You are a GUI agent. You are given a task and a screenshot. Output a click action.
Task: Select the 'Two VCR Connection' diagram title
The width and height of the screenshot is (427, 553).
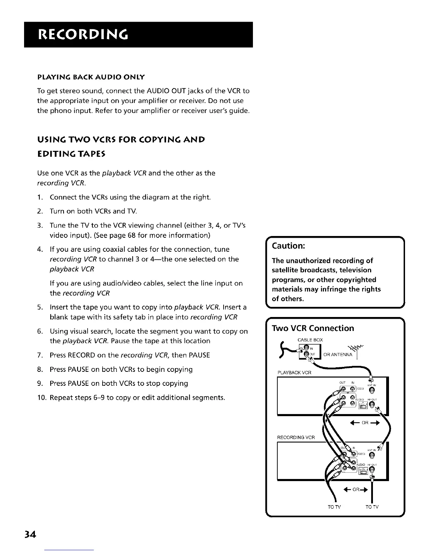pyautogui.click(x=313, y=328)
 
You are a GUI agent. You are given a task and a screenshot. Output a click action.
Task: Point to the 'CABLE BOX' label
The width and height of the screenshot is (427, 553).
pyautogui.click(x=310, y=340)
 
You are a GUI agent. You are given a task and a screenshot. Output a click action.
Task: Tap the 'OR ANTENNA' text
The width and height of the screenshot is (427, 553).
pyautogui.click(x=338, y=355)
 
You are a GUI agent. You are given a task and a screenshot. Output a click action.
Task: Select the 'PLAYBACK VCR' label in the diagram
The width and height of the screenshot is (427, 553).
pyautogui.click(x=294, y=373)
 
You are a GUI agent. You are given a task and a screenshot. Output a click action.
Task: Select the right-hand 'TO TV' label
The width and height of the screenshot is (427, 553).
pyautogui.click(x=372, y=507)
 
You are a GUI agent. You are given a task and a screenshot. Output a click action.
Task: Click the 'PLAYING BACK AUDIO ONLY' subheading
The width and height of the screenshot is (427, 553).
pyautogui.click(x=91, y=76)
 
